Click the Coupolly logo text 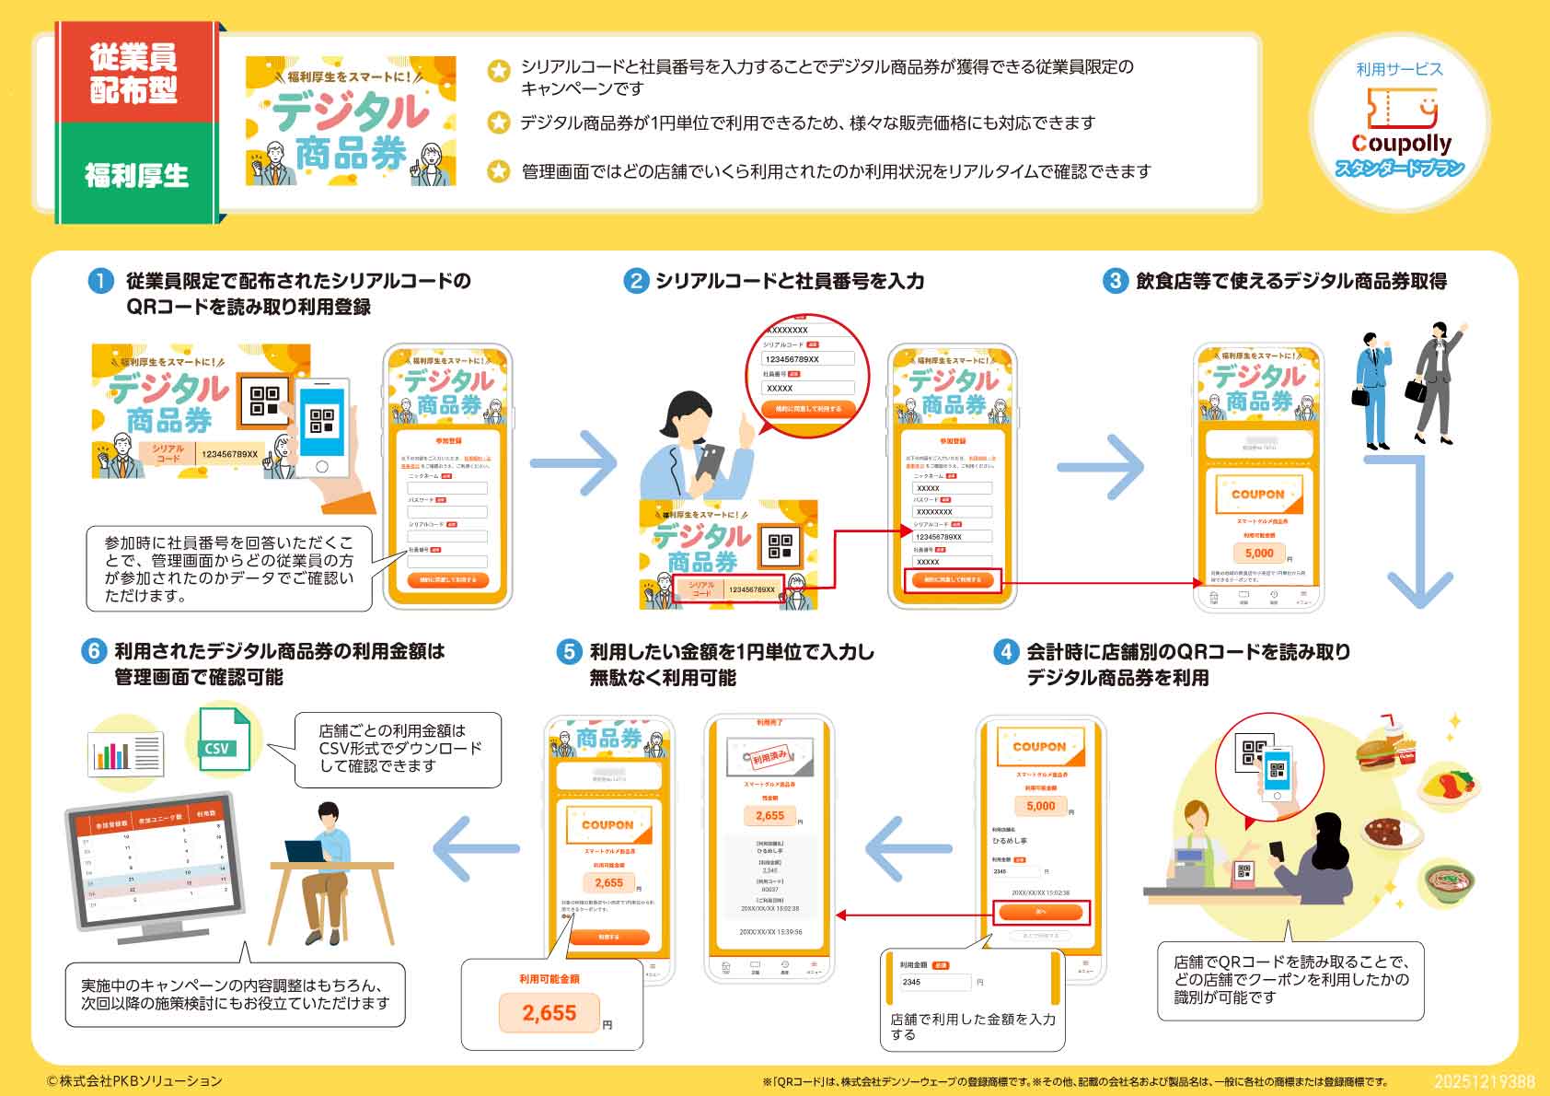[x=1401, y=144]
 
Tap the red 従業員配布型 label [x=134, y=73]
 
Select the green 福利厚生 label [x=136, y=175]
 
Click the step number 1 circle [x=100, y=281]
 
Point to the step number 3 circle [x=1115, y=281]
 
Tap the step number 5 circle [x=569, y=652]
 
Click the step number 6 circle [x=94, y=651]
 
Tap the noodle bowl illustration [x=1449, y=881]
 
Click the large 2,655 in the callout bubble [x=549, y=1013]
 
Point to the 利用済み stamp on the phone [x=769, y=758]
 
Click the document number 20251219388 [x=1484, y=1081]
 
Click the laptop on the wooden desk [x=307, y=852]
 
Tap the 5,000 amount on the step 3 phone [x=1259, y=553]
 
